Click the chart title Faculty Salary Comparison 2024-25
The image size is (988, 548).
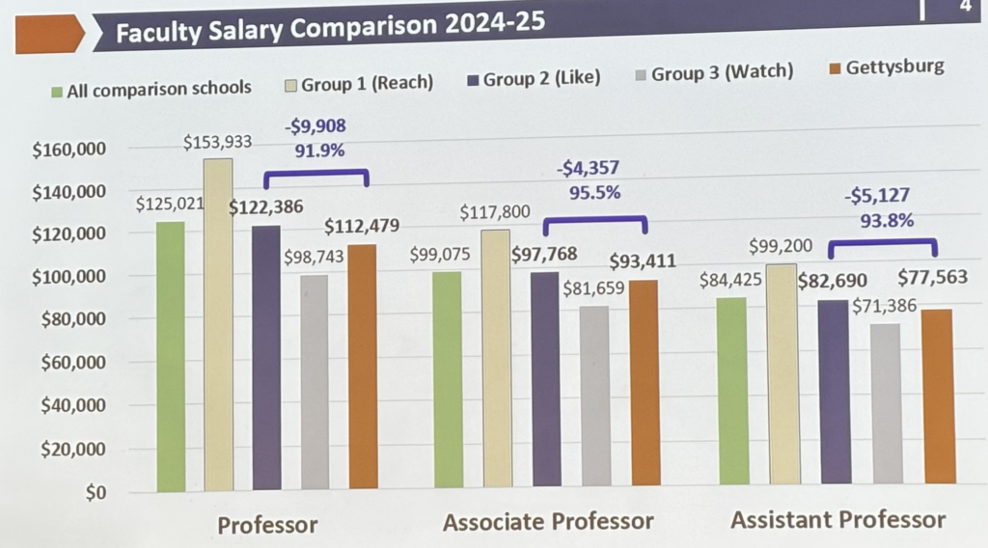pos(328,30)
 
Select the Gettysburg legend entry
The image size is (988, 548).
pos(888,68)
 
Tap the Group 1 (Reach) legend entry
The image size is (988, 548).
pos(359,83)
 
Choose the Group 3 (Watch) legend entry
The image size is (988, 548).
pos(713,72)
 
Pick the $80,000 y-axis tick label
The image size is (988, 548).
pos(71,319)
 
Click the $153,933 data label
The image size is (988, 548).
pos(217,143)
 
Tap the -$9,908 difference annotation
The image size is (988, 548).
pos(315,126)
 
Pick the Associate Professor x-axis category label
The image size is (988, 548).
pos(548,522)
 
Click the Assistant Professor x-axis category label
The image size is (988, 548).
pos(837,520)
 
